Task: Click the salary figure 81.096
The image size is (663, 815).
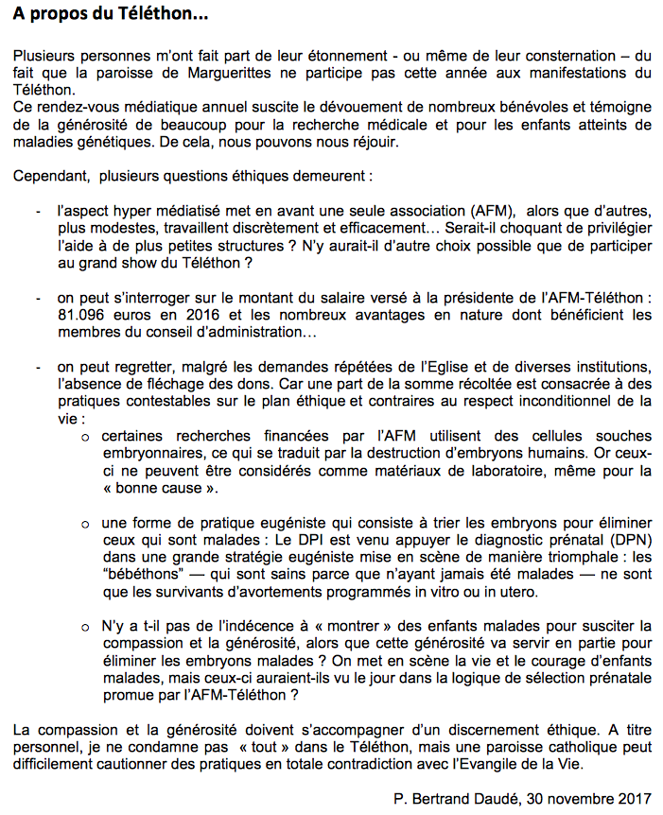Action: tap(85, 314)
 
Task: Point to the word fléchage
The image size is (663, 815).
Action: tap(211, 383)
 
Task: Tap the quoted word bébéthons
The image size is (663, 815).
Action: tap(139, 574)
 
